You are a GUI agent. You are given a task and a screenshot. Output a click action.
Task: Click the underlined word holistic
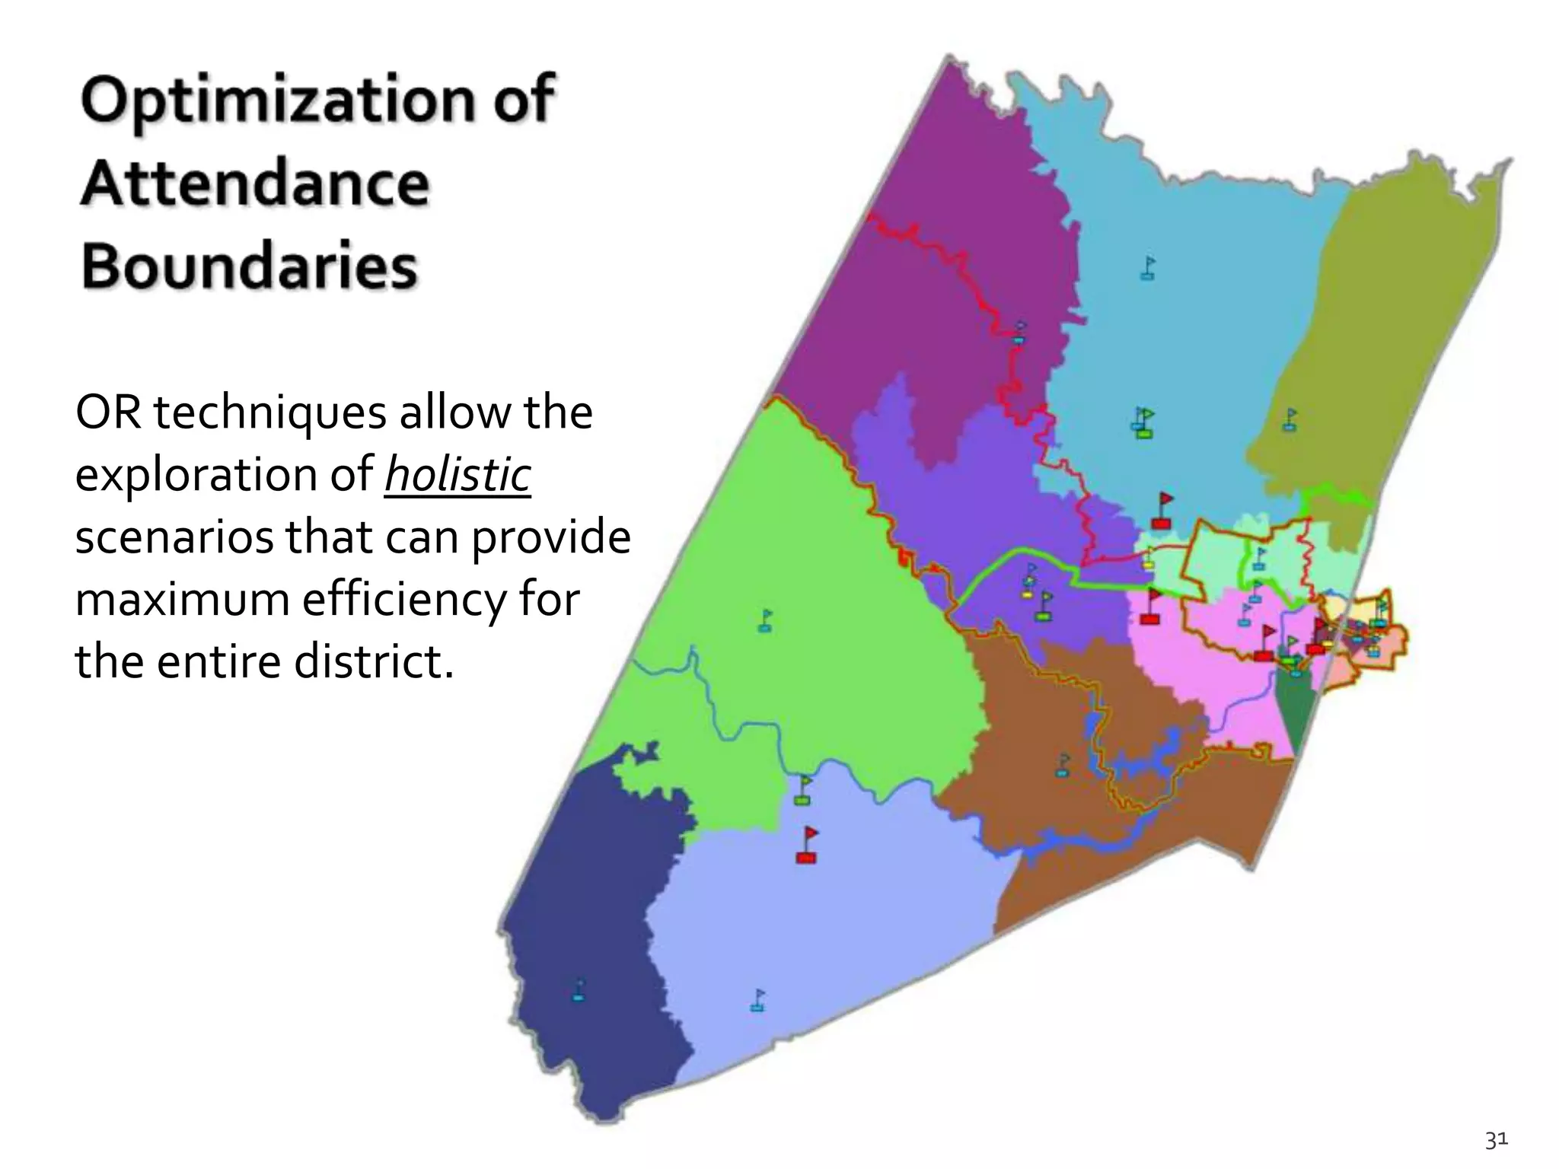pyautogui.click(x=457, y=476)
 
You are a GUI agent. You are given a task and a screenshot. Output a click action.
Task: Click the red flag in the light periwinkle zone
pyautogui.click(x=808, y=844)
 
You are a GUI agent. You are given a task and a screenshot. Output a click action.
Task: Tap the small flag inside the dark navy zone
pyautogui.click(x=579, y=989)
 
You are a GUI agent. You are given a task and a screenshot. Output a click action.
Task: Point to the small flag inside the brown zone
pyautogui.click(x=1063, y=764)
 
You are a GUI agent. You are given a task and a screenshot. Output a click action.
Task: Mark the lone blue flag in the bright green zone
pyautogui.click(x=765, y=620)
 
